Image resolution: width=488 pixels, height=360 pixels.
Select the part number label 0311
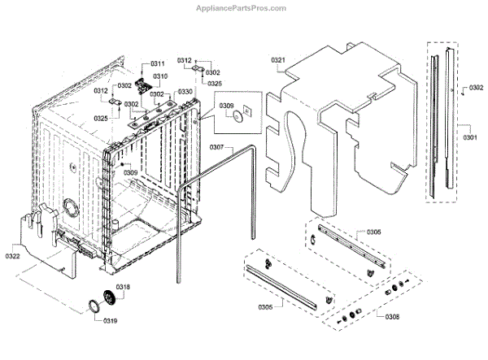(x=157, y=63)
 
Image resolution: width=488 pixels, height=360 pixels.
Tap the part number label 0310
(x=161, y=76)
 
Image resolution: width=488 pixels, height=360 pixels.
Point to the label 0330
(x=185, y=92)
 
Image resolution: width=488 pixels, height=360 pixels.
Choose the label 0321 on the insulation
(x=278, y=60)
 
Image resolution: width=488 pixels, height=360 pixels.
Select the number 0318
(x=123, y=288)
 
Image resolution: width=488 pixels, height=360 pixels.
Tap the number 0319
(x=110, y=321)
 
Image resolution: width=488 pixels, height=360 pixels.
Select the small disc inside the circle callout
(x=237, y=117)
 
